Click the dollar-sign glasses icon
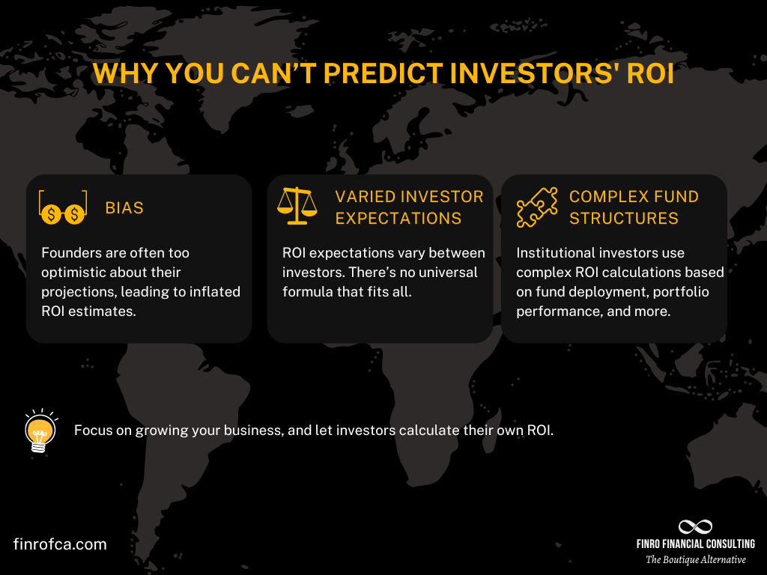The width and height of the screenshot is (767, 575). pos(63,208)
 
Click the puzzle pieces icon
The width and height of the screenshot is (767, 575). pos(537,207)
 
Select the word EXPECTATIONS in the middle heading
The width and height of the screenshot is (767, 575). pos(398,218)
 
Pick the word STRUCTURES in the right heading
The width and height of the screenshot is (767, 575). pos(624,218)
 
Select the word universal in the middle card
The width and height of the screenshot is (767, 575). pos(443,273)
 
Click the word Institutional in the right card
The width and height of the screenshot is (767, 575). pos(554,253)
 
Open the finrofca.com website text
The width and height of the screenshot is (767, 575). pos(60,544)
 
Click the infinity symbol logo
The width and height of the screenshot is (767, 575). pos(695,526)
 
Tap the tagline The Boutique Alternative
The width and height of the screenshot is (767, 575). pos(696,559)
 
